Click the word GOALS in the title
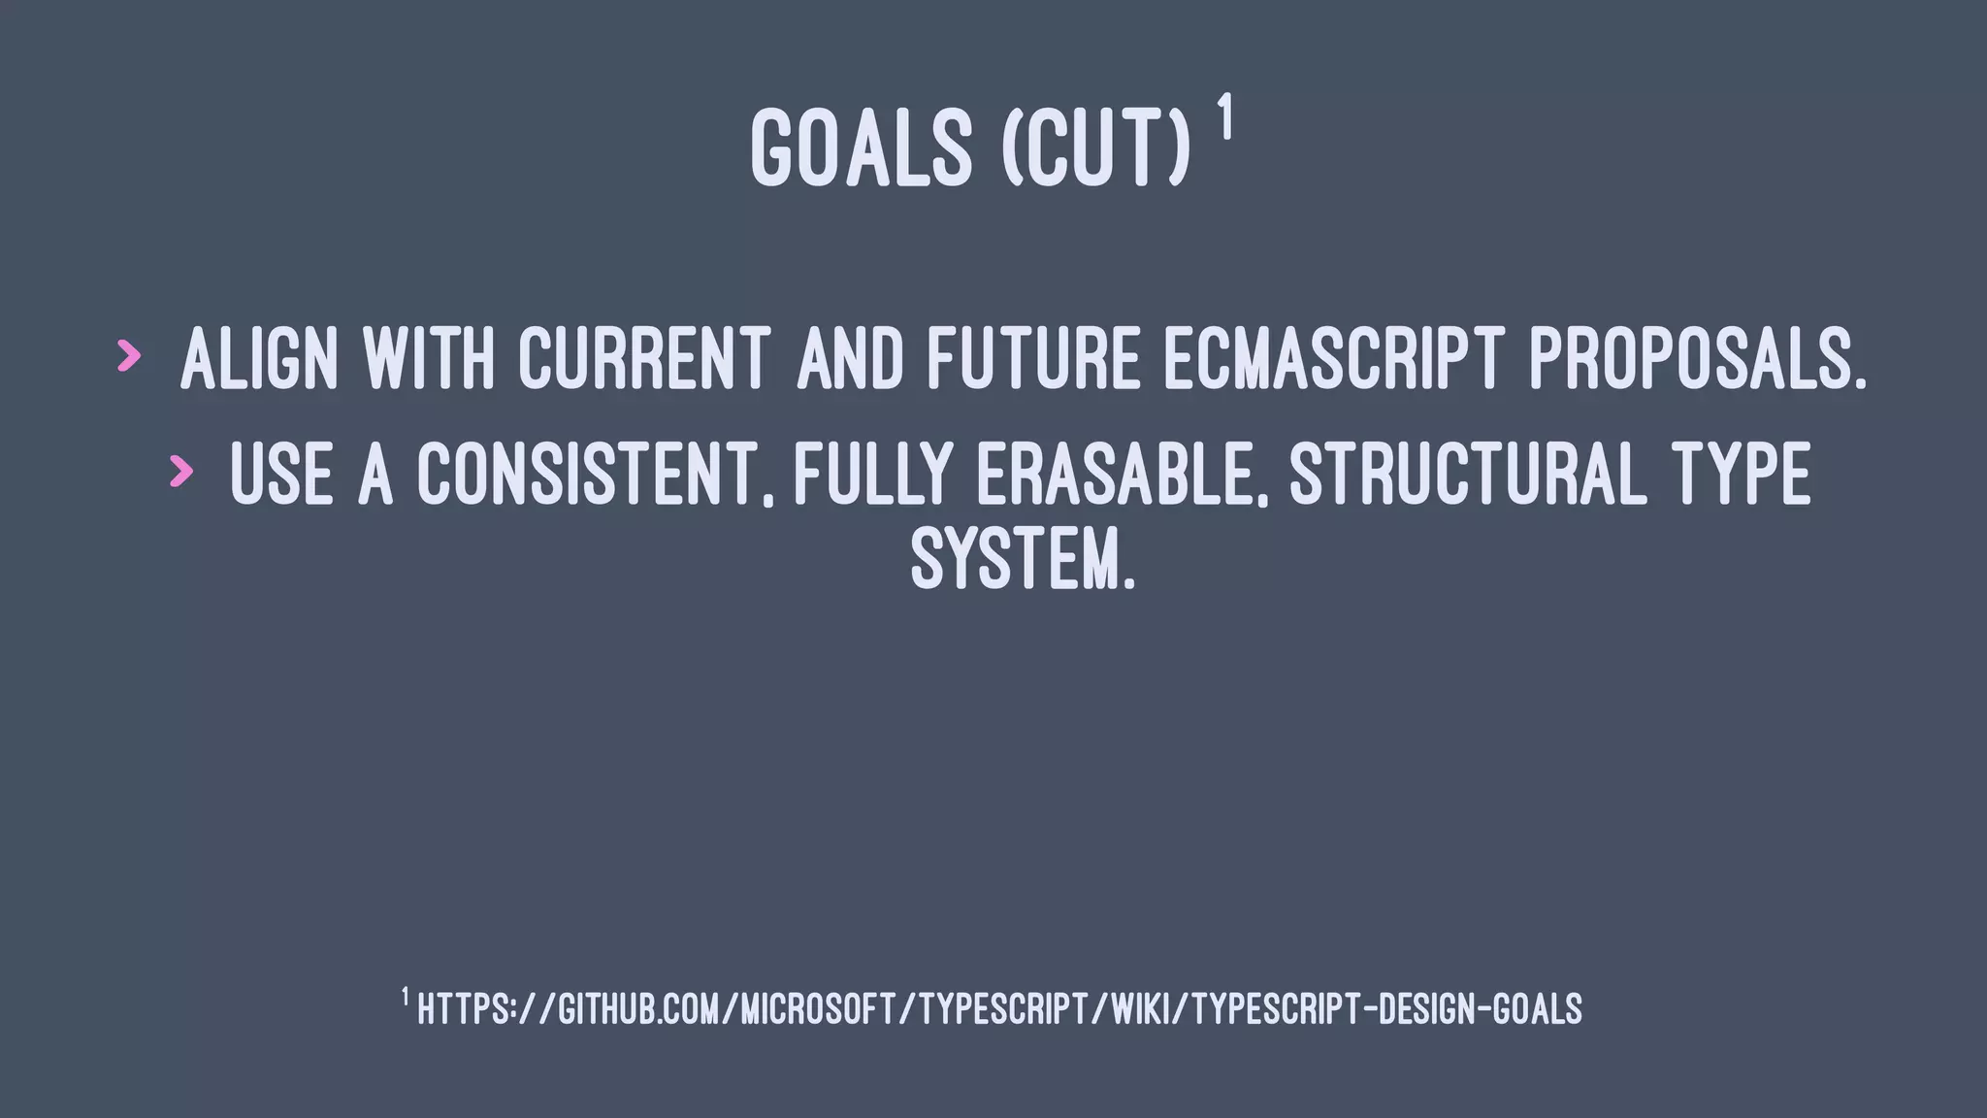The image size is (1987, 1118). point(861,148)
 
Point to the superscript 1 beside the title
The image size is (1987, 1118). point(1225,117)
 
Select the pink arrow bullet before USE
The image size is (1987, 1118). point(180,471)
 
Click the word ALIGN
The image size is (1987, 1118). point(259,359)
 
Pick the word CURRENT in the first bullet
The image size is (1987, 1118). point(644,359)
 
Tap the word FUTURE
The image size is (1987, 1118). point(1032,359)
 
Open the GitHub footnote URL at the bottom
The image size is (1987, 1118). point(999,1009)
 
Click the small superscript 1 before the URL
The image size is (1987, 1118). point(405,997)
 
